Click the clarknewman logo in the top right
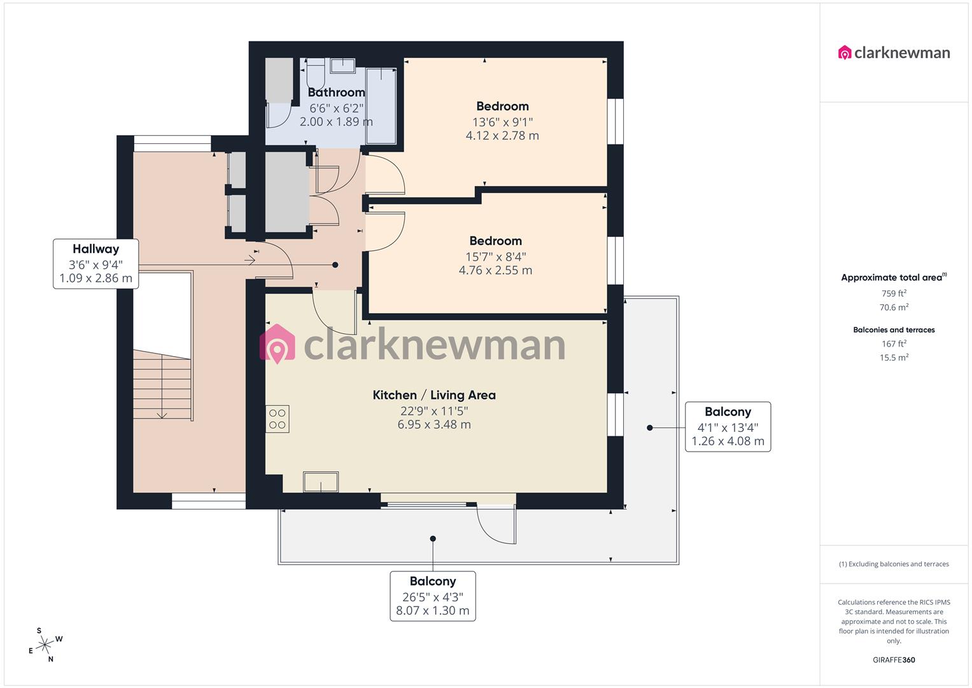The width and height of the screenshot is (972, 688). (x=894, y=53)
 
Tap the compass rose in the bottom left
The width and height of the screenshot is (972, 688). (x=45, y=645)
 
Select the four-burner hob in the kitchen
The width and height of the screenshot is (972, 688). (x=278, y=419)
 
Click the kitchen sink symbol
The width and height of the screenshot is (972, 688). (x=321, y=482)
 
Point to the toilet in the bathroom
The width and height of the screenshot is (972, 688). (x=316, y=73)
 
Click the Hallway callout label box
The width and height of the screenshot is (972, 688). (x=95, y=264)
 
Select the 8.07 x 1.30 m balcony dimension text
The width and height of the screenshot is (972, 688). (x=432, y=611)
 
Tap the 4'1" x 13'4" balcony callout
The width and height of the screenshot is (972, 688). (x=728, y=427)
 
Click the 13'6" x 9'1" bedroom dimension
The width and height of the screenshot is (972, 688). (x=502, y=122)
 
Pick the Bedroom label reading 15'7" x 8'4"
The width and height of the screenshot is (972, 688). (x=495, y=241)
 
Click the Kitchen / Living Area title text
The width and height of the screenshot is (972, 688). (x=434, y=395)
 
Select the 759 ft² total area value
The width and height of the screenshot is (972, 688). (x=894, y=294)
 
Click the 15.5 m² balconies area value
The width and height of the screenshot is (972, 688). (x=894, y=357)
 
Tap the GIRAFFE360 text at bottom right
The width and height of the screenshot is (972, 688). (x=894, y=660)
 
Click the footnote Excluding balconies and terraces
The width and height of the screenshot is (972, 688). (x=894, y=564)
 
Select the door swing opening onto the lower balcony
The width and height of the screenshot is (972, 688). (x=497, y=525)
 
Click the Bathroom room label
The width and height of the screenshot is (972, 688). (x=336, y=92)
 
